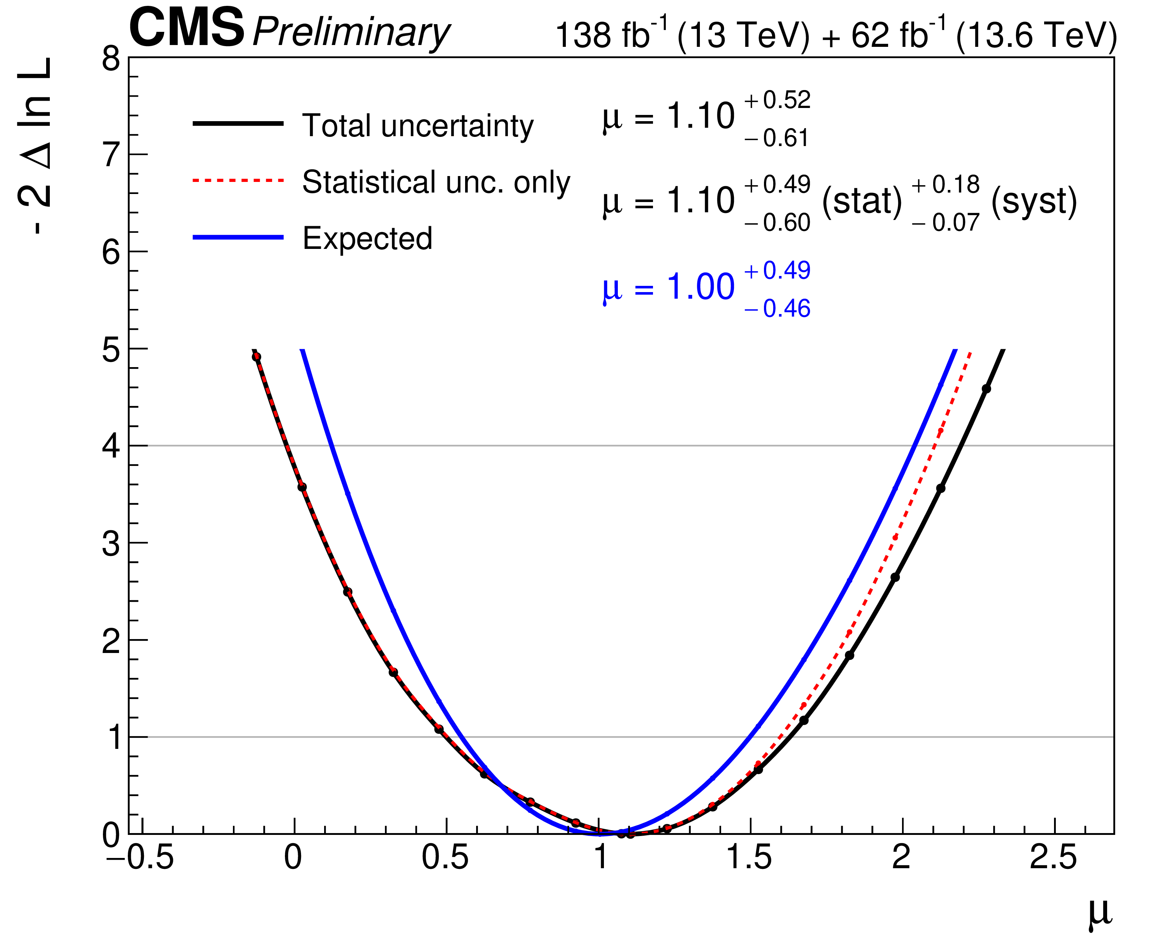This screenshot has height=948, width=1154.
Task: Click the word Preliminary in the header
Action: pos(351,33)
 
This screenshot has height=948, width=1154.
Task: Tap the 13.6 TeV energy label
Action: pos(1036,36)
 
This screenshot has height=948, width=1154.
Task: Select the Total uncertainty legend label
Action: pos(418,126)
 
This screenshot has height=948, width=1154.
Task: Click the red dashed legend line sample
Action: pos(238,180)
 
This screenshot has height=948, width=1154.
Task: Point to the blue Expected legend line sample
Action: pos(238,237)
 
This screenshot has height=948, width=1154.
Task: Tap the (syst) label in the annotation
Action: pos(1034,202)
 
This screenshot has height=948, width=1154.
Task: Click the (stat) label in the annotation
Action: pos(862,202)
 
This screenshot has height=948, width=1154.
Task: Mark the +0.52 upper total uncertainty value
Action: pos(777,100)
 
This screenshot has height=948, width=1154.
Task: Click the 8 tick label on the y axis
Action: pos(111,59)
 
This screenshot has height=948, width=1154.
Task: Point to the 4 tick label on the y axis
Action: pos(111,446)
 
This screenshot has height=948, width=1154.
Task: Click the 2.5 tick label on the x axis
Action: pos(1053,857)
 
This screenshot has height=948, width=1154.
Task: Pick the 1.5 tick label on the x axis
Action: pos(749,857)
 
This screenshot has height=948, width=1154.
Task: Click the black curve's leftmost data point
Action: pos(256,357)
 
